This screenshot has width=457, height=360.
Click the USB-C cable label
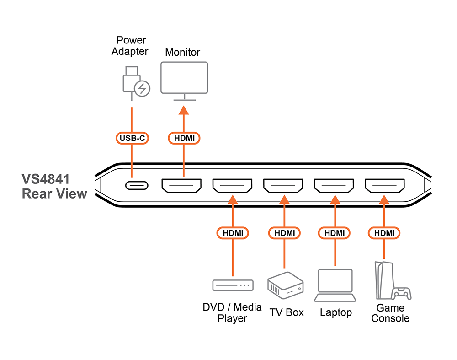pyautogui.click(x=132, y=138)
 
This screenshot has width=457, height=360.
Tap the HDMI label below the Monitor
pyautogui.click(x=184, y=138)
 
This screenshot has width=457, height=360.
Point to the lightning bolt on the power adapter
pyautogui.click(x=142, y=88)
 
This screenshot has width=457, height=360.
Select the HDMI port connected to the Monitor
pyautogui.click(x=181, y=186)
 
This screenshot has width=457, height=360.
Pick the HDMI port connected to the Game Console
pyautogui.click(x=385, y=186)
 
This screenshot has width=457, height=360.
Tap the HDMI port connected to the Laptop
pyautogui.click(x=334, y=186)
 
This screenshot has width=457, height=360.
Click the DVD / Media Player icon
pyautogui.click(x=232, y=285)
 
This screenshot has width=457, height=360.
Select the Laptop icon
pyautogui.click(x=335, y=286)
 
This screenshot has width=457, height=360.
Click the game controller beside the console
pyautogui.click(x=402, y=293)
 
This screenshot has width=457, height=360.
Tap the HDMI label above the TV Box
pyautogui.click(x=284, y=233)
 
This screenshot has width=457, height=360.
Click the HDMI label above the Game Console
pyautogui.click(x=384, y=233)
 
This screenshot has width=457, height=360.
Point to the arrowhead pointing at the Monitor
pyautogui.click(x=184, y=110)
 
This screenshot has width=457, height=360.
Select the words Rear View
pyautogui.click(x=54, y=193)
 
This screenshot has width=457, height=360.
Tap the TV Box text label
pyautogui.click(x=287, y=312)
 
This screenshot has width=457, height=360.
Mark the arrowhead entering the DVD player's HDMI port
pyautogui.click(x=233, y=199)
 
